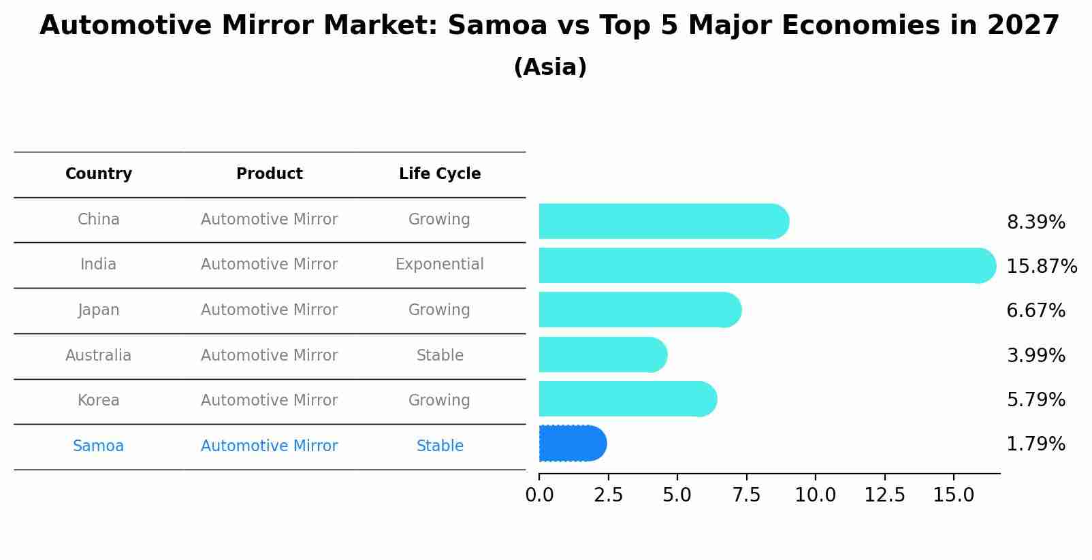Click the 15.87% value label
click(x=1041, y=266)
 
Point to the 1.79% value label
click(x=1035, y=444)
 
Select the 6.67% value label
click(x=1035, y=311)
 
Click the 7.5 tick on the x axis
click(x=746, y=495)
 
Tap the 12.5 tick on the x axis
click(x=884, y=495)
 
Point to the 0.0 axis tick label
click(x=539, y=495)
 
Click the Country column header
click(x=99, y=174)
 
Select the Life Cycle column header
click(x=440, y=174)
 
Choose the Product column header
click(x=269, y=174)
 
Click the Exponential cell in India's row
click(x=440, y=265)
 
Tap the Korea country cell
click(x=99, y=401)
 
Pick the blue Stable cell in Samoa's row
click(x=440, y=446)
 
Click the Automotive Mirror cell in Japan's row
click(x=269, y=310)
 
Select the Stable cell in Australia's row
click(x=440, y=356)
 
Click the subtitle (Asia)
click(x=550, y=67)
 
